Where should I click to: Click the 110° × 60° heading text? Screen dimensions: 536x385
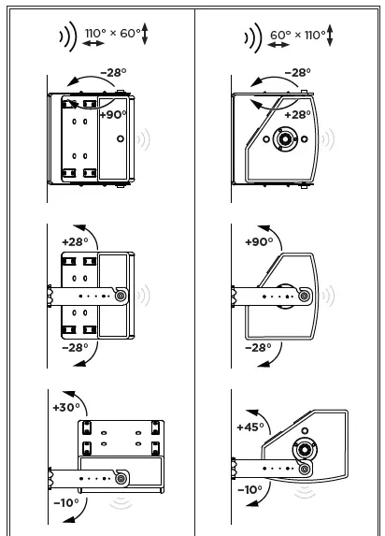click(112, 34)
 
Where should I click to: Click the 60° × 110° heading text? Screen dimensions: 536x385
click(297, 35)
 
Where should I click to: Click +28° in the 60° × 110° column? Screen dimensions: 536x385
click(296, 115)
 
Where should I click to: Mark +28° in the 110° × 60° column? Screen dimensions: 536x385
click(74, 241)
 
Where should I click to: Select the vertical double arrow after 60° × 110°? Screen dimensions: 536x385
click(330, 36)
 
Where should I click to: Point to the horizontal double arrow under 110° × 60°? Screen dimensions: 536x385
click(93, 44)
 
